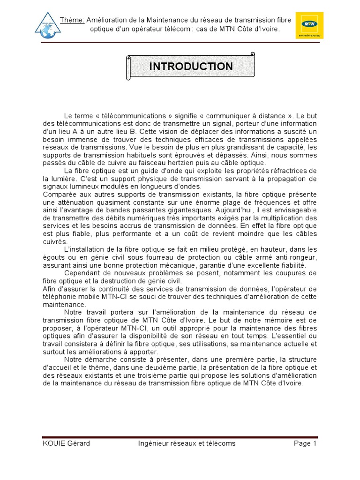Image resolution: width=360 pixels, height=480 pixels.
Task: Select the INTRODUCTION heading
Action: (191, 67)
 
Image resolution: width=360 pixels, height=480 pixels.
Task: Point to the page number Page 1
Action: (306, 443)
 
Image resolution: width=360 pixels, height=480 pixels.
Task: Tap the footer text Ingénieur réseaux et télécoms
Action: (187, 443)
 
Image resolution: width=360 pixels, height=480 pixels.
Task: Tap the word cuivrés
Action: (55, 241)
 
